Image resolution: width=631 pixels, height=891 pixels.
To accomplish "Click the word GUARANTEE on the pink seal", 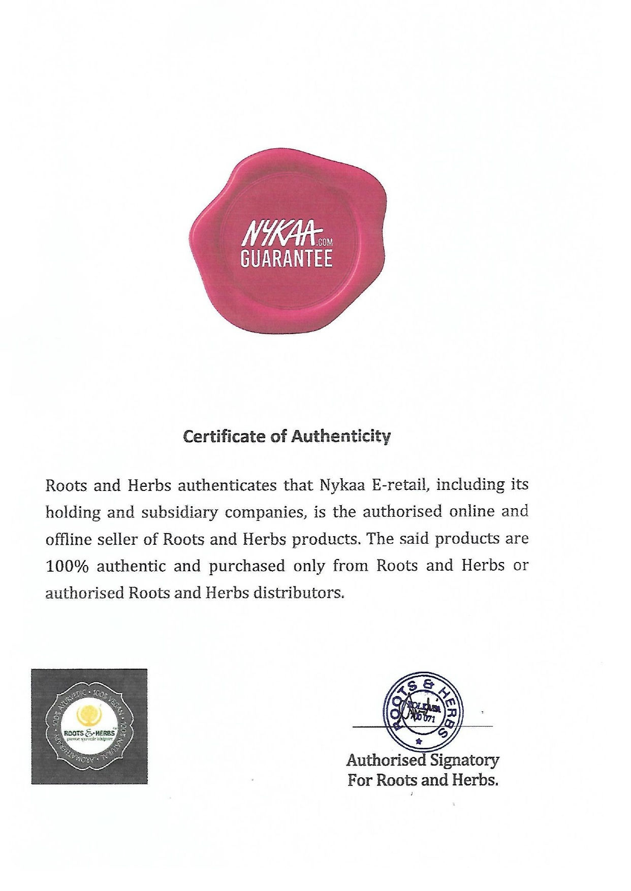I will (x=286, y=258).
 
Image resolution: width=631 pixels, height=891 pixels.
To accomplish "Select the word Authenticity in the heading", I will (x=340, y=436).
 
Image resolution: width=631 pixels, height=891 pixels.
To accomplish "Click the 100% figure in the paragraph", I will (x=67, y=566).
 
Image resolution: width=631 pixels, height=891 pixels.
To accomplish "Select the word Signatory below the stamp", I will (x=464, y=761).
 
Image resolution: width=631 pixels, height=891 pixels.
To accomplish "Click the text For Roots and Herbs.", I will (x=423, y=780).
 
